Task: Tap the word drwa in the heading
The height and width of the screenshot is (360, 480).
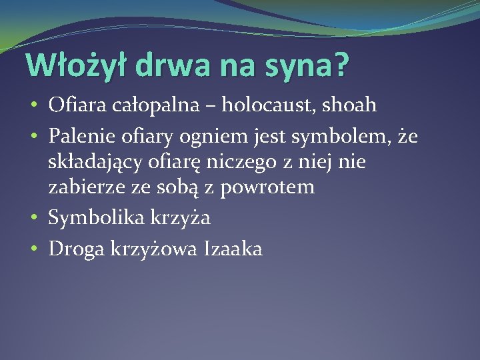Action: [171, 67]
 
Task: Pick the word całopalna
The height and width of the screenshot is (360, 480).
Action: [154, 105]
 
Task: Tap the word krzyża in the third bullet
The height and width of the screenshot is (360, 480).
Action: [189, 219]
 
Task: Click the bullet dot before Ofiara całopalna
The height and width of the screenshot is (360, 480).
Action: [33, 105]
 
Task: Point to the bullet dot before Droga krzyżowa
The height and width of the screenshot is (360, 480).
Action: [33, 249]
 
